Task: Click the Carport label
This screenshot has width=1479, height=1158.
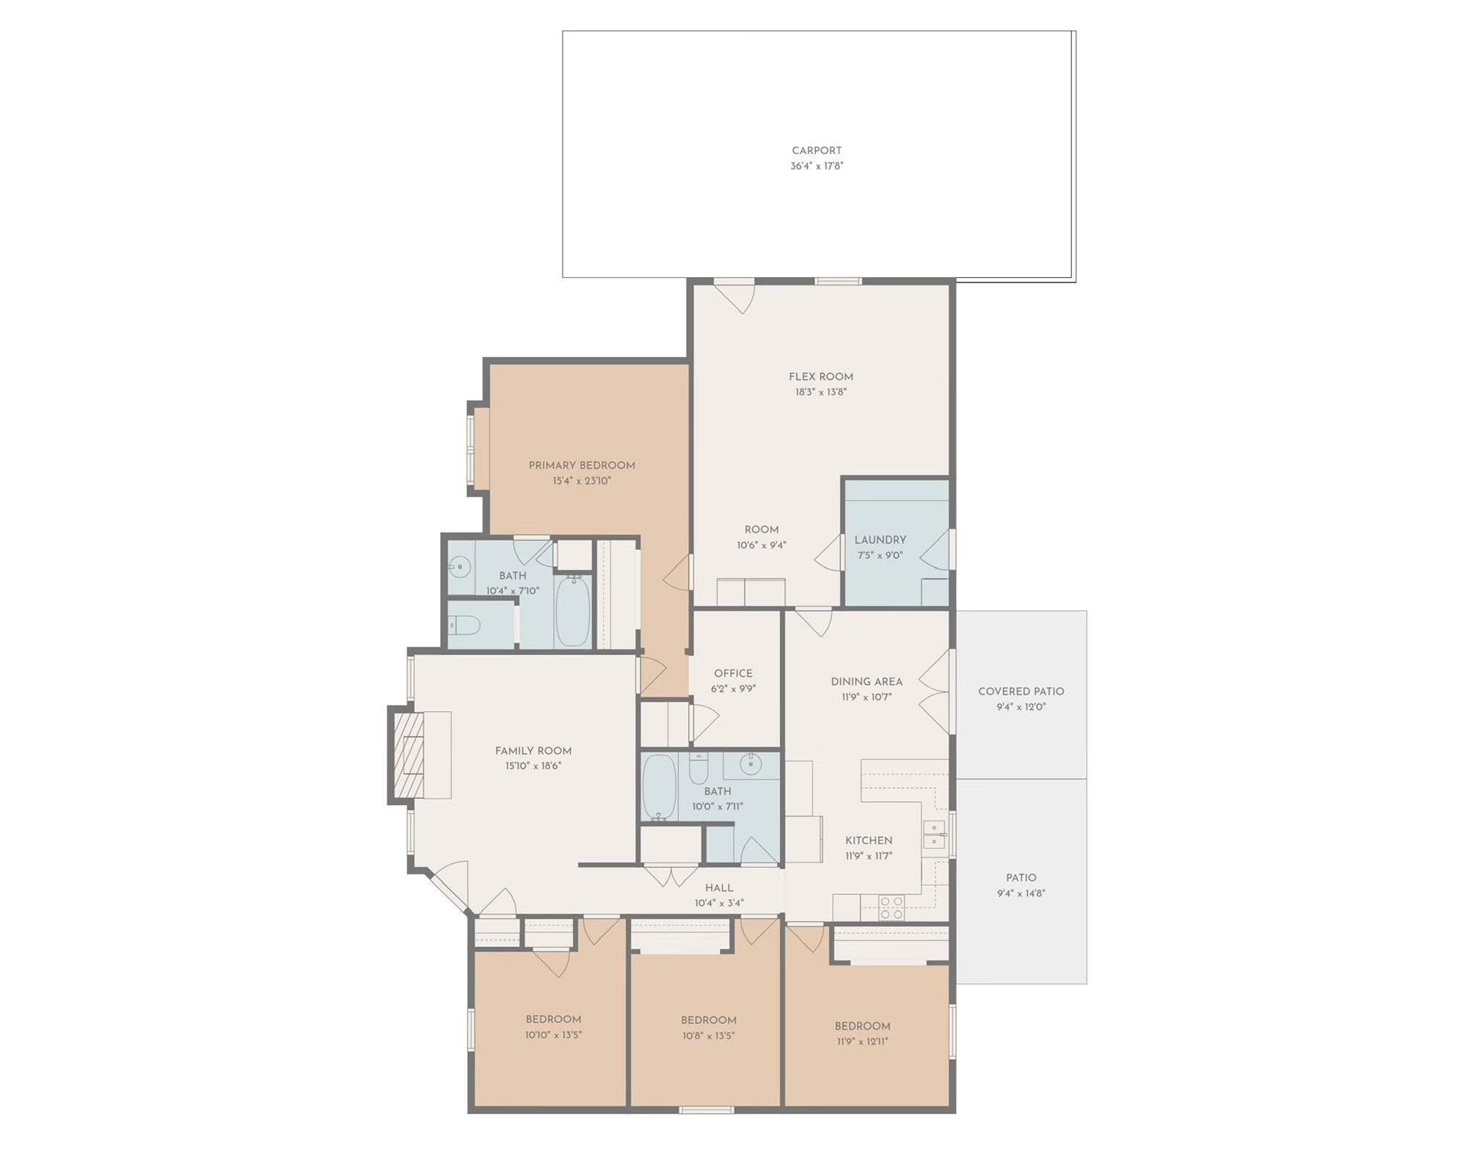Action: click(817, 150)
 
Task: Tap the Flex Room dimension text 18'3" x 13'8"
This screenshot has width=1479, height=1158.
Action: click(821, 392)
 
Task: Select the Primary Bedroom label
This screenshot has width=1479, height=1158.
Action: click(582, 466)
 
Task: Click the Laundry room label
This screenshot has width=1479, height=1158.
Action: click(880, 540)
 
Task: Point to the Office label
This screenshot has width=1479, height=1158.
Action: click(733, 673)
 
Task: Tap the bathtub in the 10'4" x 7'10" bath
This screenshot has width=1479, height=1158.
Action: click(573, 612)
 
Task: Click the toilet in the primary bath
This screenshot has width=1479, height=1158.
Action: click(464, 626)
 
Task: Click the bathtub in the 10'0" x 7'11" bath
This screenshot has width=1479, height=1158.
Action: click(659, 787)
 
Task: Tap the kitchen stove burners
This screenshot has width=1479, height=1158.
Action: click(891, 908)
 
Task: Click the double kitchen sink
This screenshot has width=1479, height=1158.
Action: click(934, 835)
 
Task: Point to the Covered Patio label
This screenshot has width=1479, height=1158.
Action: click(1020, 692)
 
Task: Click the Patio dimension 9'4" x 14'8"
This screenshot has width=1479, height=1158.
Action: click(1020, 893)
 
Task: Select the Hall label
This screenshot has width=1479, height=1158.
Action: click(719, 888)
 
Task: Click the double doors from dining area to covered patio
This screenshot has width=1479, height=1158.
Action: click(935, 691)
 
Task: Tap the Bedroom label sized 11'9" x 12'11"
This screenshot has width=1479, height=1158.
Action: click(862, 1026)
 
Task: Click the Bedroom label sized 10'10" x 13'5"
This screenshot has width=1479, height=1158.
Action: click(553, 1019)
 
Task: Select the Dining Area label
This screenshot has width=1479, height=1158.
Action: click(866, 681)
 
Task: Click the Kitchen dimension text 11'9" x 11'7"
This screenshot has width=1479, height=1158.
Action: click(869, 856)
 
